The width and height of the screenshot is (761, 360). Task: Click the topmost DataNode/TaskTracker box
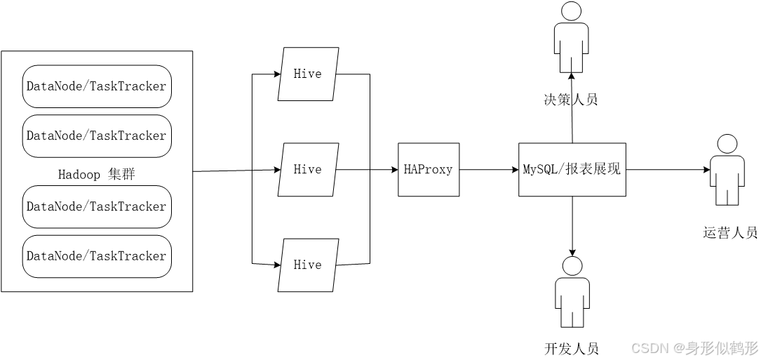click(x=97, y=86)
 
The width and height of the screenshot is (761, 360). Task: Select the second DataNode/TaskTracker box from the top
click(x=97, y=135)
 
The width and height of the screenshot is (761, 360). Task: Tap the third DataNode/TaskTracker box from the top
click(x=97, y=206)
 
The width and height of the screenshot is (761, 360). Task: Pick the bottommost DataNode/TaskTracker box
click(x=97, y=256)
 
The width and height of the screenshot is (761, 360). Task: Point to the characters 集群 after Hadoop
click(x=121, y=174)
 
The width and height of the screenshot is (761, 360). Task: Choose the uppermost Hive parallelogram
click(x=308, y=74)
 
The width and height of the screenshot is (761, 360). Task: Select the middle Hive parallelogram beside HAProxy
click(x=308, y=169)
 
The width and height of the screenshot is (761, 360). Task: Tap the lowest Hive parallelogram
click(x=308, y=265)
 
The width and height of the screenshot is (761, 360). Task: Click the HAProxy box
click(x=429, y=169)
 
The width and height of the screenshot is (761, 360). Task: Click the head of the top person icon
click(x=572, y=12)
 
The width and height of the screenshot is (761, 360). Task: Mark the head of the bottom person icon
click(x=572, y=266)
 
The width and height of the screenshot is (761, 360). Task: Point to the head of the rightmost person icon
click(x=727, y=145)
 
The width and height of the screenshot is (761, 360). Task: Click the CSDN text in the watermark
click(x=649, y=347)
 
